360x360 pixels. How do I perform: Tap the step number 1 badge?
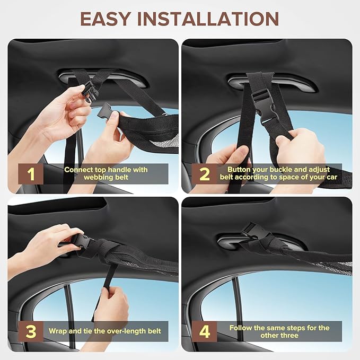click(x=31, y=173)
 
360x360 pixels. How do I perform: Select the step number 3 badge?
click(x=31, y=331)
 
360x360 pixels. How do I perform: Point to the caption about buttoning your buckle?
click(x=279, y=173)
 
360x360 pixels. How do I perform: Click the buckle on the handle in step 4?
click(x=252, y=230)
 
